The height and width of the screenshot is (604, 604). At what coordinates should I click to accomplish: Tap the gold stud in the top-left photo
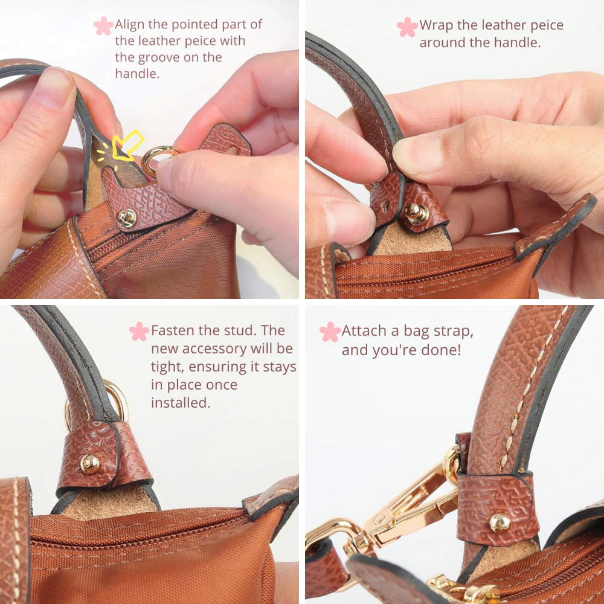127,218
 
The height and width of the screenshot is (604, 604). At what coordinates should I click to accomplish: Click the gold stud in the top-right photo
416,213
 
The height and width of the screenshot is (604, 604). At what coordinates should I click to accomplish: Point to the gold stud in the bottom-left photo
90,463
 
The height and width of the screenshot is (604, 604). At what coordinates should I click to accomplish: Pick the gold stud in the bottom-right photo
500,523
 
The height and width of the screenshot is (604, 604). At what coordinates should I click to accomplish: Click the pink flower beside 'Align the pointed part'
104,26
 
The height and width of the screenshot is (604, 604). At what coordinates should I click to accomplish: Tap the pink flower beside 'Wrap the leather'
407,27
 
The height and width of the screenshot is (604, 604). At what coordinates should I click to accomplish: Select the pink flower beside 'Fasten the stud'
139,331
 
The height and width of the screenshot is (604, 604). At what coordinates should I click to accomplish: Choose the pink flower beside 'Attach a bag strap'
330,332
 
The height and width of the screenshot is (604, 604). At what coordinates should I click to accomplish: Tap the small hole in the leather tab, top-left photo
231,150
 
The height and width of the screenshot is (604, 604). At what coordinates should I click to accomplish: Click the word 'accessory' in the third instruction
214,349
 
